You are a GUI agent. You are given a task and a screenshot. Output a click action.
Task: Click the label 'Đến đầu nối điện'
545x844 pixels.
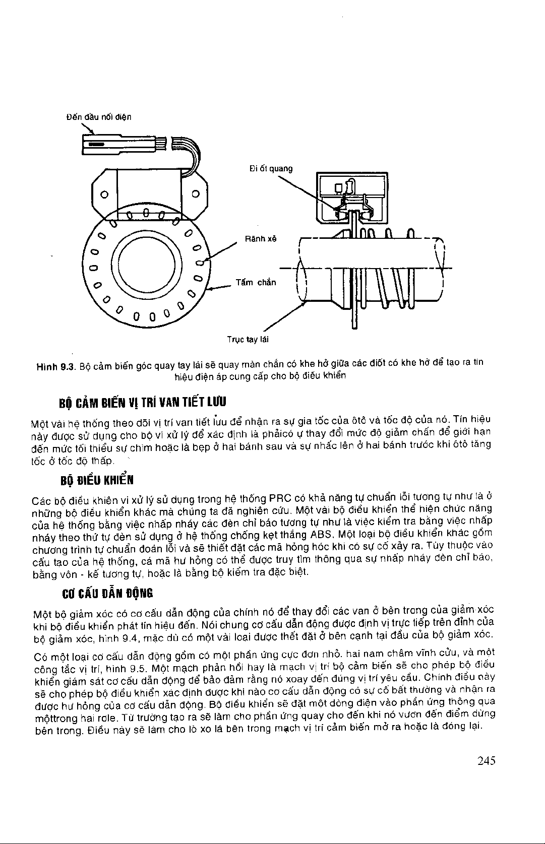tap(99, 117)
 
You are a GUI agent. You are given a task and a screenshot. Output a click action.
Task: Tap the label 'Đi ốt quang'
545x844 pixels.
tap(271, 168)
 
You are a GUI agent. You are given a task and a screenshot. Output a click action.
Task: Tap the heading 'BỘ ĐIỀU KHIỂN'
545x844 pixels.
tap(96, 479)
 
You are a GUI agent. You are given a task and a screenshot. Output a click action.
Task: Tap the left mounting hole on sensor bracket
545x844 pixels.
tap(103, 194)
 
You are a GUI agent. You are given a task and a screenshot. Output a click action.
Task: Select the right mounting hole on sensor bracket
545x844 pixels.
tap(197, 194)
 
